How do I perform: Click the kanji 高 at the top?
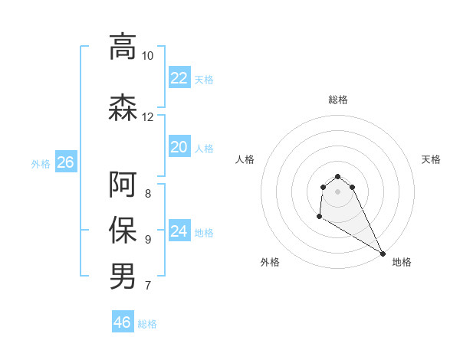click(x=123, y=47)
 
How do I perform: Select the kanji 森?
click(x=123, y=108)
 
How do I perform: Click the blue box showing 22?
click(x=179, y=78)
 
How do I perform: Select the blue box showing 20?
click(x=179, y=147)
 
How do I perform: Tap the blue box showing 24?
click(x=179, y=231)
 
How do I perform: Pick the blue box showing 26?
click(x=65, y=162)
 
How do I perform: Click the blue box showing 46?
click(x=123, y=322)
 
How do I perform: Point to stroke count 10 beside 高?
click(x=147, y=56)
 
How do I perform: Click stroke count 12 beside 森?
click(x=147, y=117)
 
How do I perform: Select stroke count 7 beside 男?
click(x=148, y=286)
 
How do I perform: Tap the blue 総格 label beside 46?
click(x=147, y=324)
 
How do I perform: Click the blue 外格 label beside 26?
click(x=41, y=163)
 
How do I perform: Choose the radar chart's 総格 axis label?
click(x=338, y=100)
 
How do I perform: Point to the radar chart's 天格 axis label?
click(x=431, y=159)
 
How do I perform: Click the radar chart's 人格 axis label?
click(x=245, y=159)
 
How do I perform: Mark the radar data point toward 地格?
click(x=383, y=254)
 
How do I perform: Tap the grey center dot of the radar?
click(x=338, y=191)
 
